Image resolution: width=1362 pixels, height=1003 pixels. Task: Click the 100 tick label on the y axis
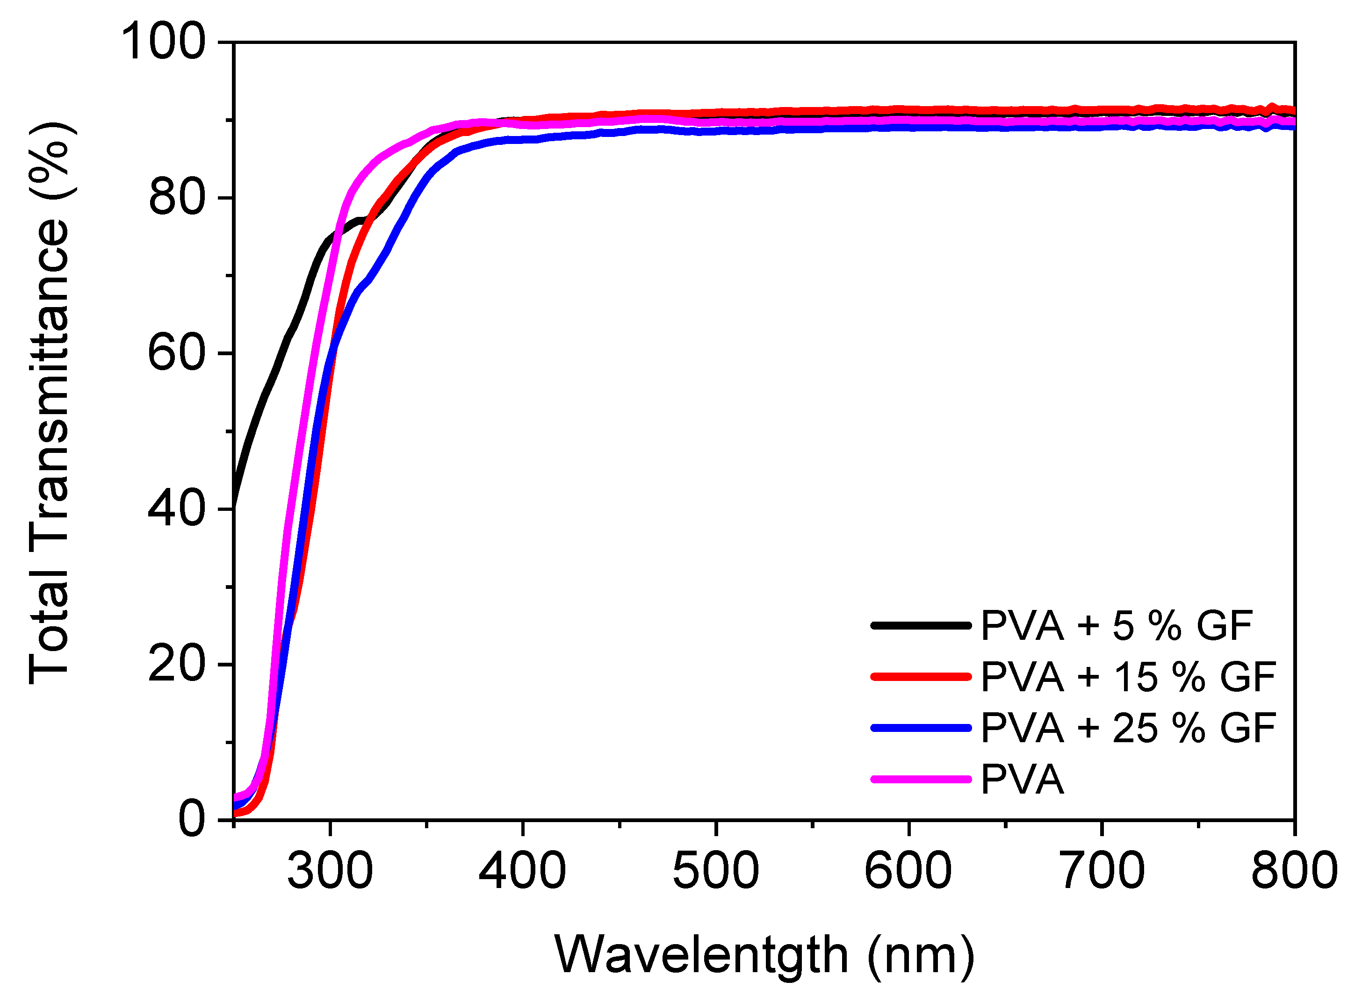163,42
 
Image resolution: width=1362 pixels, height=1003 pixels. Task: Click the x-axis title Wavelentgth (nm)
764,955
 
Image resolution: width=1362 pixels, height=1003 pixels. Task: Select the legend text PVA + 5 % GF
1117,625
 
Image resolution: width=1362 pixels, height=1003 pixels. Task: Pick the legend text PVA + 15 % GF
1128,676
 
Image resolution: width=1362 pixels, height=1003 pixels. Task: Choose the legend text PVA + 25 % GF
1128,727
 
